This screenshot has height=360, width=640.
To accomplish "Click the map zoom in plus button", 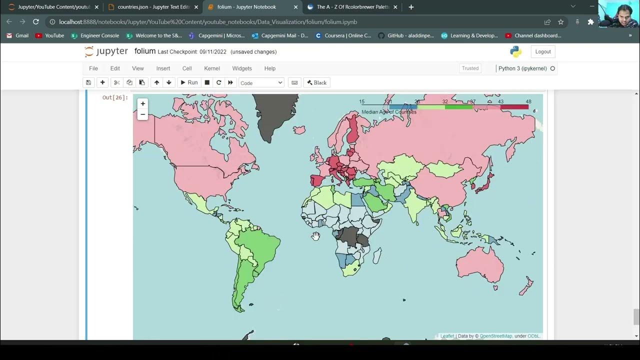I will click(142, 104).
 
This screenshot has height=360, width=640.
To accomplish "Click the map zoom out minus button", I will click(142, 114).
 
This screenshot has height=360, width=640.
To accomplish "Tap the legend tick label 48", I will click(528, 102).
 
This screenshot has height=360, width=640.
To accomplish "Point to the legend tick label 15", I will click(361, 102).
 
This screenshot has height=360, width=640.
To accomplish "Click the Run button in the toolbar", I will click(189, 82).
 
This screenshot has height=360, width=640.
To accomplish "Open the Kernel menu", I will click(211, 68).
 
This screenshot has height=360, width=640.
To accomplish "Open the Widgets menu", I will click(242, 68).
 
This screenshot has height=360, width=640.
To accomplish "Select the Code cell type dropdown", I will click(261, 82).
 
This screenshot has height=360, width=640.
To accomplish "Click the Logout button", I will click(542, 51).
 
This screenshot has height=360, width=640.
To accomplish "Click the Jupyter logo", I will click(106, 51).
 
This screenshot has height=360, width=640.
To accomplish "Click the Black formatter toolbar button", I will click(316, 82).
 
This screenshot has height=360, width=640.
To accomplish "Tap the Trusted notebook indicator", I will click(470, 68).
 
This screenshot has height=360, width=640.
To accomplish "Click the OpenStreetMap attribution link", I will click(495, 336).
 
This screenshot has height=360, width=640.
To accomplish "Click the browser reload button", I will click(36, 22).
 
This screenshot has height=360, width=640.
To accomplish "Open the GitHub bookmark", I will click(398, 35).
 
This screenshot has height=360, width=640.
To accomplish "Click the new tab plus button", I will click(411, 7).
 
